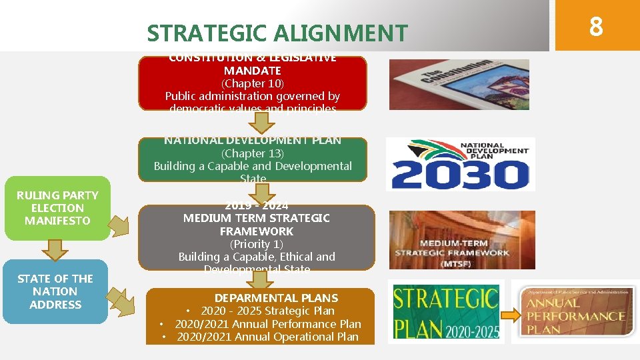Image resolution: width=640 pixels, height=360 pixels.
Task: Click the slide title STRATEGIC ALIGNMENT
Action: point(277,32)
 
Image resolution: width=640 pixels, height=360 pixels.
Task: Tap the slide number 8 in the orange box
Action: point(596,27)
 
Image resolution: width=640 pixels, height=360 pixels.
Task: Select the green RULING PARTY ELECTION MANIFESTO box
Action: point(57,208)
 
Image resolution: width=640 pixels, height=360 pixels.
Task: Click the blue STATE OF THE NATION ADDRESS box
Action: point(55,291)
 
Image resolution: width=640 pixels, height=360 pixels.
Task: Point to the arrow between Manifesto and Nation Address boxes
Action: point(55,249)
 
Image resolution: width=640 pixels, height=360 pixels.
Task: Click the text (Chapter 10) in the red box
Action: point(253,83)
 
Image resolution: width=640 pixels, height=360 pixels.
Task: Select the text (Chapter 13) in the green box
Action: point(253,153)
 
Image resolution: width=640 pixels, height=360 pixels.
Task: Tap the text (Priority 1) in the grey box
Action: point(257,244)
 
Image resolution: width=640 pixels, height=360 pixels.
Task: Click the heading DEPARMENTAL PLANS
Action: point(276,298)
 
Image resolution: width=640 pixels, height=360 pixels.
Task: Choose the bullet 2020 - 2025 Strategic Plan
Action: point(267,311)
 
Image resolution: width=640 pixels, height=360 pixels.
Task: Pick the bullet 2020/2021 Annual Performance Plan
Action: point(267,324)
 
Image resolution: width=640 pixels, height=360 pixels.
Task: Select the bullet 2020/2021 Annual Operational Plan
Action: point(267,337)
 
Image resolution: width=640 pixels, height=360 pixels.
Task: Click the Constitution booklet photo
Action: point(459,85)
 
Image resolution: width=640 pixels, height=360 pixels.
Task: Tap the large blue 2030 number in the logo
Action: point(460,175)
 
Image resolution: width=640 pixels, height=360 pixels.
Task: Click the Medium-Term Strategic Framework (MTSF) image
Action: point(461,240)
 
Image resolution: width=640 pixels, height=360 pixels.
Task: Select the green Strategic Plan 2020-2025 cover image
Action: point(445,312)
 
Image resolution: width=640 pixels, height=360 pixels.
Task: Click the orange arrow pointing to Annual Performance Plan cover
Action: point(509,315)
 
